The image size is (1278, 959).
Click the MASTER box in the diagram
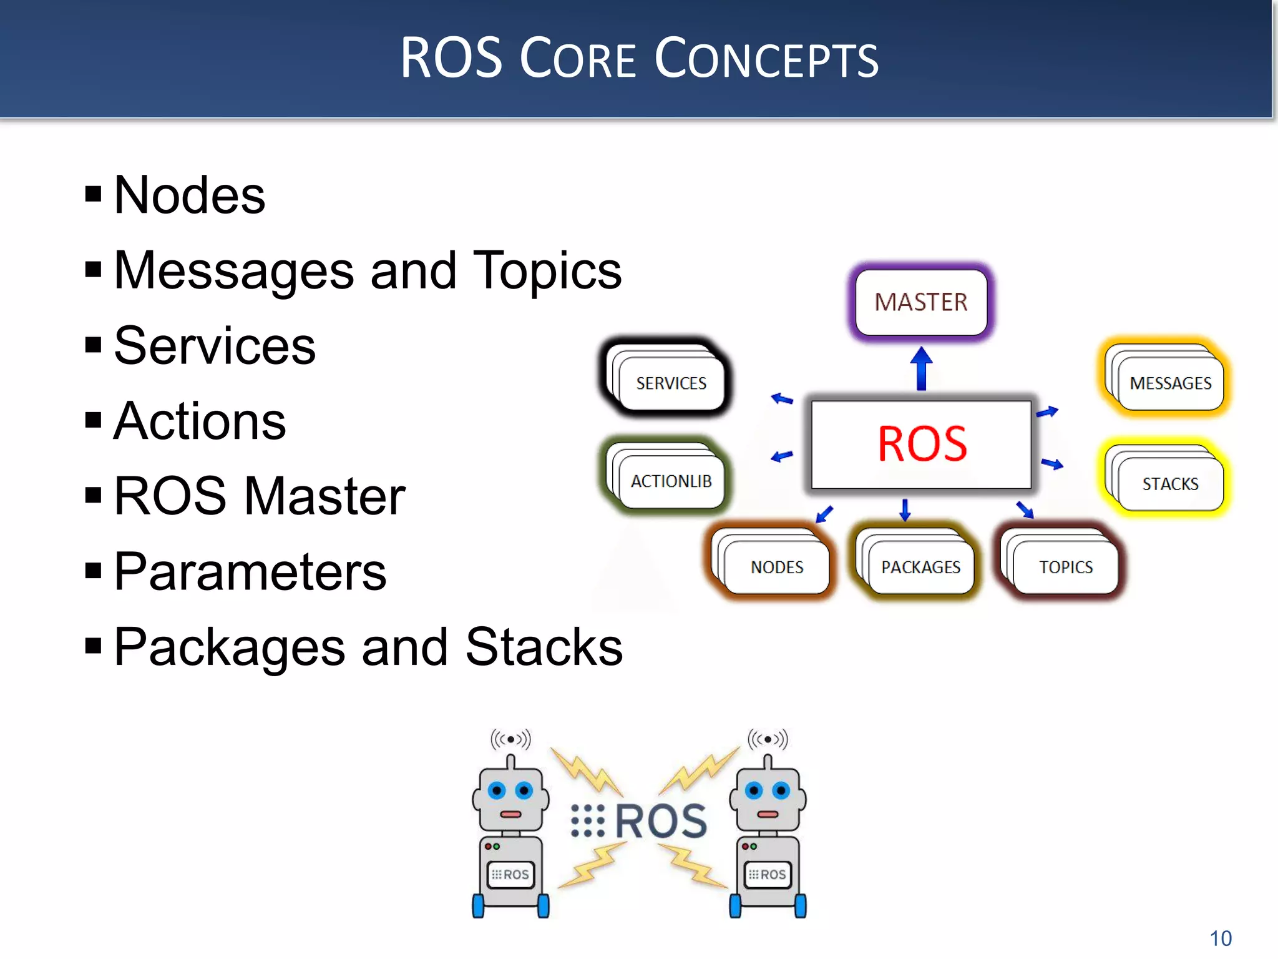[x=921, y=302]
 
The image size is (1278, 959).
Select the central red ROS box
[x=921, y=444]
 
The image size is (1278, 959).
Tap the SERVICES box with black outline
[x=671, y=383]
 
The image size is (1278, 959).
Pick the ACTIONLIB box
[x=671, y=481]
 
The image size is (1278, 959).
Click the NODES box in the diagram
[x=777, y=567]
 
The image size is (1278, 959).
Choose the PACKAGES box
[x=920, y=567]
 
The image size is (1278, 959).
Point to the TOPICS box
[x=1066, y=567]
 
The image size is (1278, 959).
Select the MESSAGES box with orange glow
[x=1170, y=383]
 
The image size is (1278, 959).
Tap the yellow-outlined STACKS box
[x=1170, y=484]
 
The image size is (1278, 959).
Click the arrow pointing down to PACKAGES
[x=905, y=509]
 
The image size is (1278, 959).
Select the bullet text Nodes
[x=190, y=195]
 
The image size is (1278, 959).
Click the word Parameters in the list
[x=250, y=572]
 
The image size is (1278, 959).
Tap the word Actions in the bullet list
[x=200, y=421]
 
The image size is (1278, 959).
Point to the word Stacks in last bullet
[x=544, y=647]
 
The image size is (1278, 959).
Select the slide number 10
[x=1221, y=938]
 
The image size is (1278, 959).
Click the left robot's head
[x=510, y=799]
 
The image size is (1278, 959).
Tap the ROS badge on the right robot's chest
[x=768, y=874]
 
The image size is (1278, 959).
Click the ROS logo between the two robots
[x=640, y=820]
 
